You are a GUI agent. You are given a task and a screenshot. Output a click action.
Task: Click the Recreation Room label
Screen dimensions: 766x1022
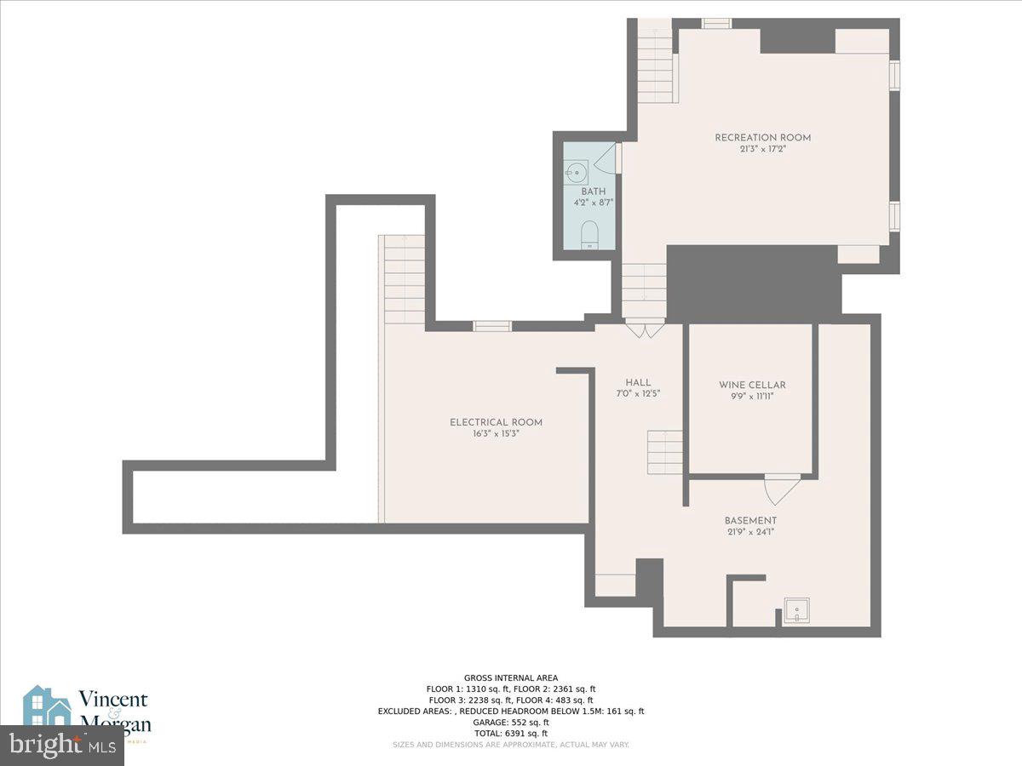pyautogui.click(x=762, y=137)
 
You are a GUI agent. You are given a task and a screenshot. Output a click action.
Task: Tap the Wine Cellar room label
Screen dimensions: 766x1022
pyautogui.click(x=752, y=385)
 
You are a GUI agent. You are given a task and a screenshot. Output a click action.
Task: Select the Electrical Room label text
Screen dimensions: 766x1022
pyautogui.click(x=496, y=422)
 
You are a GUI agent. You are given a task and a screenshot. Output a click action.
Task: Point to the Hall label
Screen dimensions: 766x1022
pyautogui.click(x=638, y=382)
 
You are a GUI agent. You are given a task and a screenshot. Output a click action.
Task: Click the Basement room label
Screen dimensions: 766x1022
pyautogui.click(x=750, y=521)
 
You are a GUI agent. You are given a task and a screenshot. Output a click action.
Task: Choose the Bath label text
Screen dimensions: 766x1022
pyautogui.click(x=593, y=191)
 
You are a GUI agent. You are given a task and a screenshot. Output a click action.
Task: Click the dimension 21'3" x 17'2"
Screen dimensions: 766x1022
pyautogui.click(x=762, y=149)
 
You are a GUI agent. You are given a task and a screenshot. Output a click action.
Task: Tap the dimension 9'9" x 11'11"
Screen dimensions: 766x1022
pyautogui.click(x=752, y=396)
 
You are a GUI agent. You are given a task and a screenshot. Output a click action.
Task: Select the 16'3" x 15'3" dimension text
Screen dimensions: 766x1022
pyautogui.click(x=496, y=433)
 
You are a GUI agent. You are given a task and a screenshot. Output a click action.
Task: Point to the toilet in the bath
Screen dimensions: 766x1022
pyautogui.click(x=589, y=234)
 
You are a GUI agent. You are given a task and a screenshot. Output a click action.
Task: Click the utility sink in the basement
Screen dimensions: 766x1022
pyautogui.click(x=796, y=610)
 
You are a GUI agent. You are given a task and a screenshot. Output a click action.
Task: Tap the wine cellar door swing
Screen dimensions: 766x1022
pyautogui.click(x=782, y=488)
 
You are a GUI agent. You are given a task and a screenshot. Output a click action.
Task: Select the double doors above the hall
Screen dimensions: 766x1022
pyautogui.click(x=645, y=329)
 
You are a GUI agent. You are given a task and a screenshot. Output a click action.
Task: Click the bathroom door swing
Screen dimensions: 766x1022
pyautogui.click(x=607, y=159)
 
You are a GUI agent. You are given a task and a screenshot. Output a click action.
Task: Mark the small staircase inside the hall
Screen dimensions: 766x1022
pyautogui.click(x=665, y=452)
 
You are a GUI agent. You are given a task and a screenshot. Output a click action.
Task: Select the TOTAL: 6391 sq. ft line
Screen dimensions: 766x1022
pyautogui.click(x=510, y=733)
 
